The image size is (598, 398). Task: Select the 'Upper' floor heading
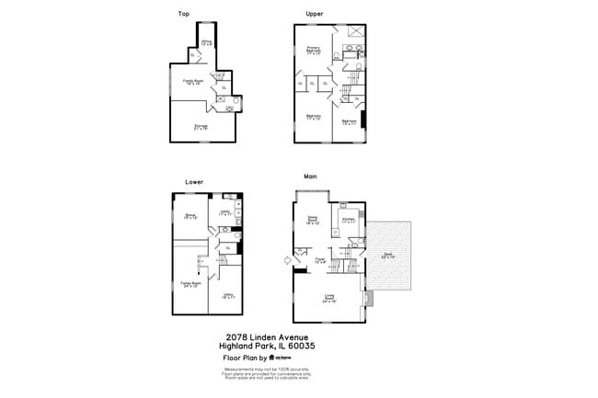pyautogui.click(x=315, y=14)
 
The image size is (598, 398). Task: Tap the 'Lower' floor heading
pyautogui.click(x=194, y=181)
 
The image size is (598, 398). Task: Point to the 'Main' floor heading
pyautogui.click(x=311, y=176)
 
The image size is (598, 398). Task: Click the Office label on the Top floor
pyautogui.click(x=208, y=42)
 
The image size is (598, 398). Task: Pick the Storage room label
pyautogui.click(x=200, y=126)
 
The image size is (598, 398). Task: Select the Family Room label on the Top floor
pyautogui.click(x=193, y=82)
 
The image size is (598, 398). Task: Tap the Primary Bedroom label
pyautogui.click(x=313, y=50)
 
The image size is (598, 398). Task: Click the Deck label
pyautogui.click(x=387, y=256)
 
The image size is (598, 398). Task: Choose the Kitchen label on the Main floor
pyautogui.click(x=349, y=221)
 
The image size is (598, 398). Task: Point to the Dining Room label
pyautogui.click(x=312, y=221)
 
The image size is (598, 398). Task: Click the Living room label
pyautogui.click(x=328, y=297)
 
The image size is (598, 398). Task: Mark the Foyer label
pyautogui.click(x=320, y=260)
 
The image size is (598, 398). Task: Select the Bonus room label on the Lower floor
pyautogui.click(x=191, y=217)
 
